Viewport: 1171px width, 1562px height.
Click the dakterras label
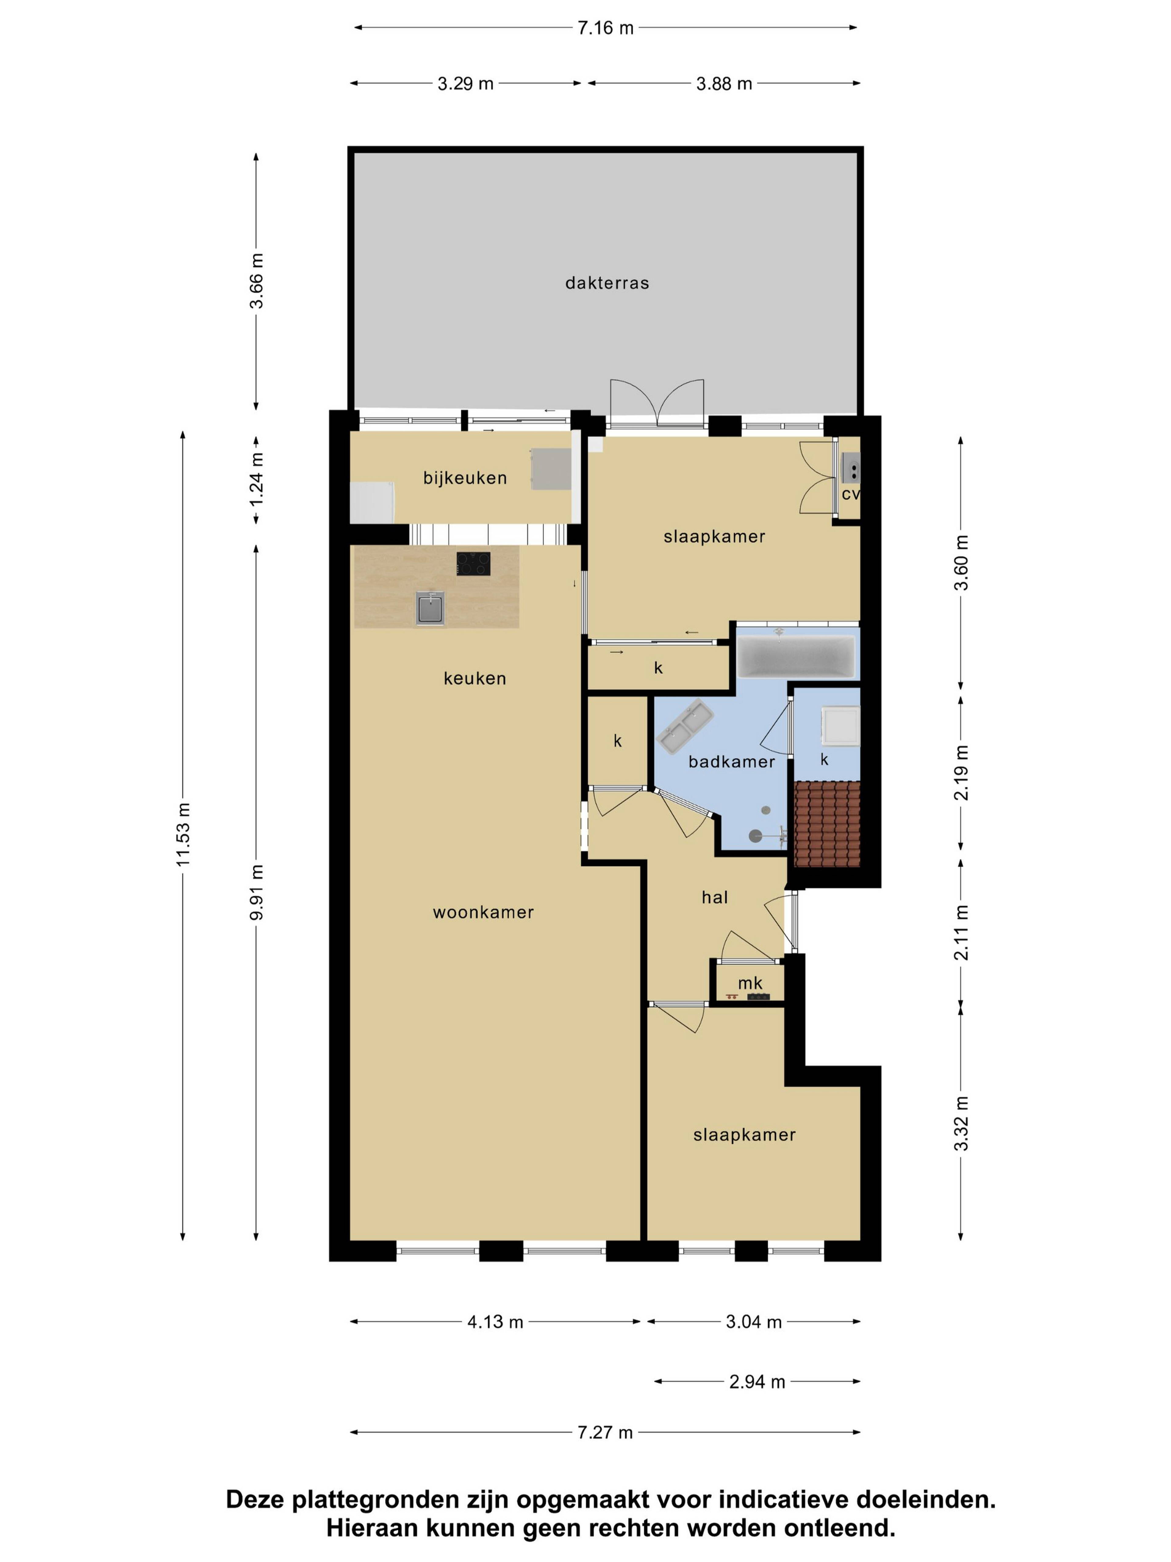click(607, 283)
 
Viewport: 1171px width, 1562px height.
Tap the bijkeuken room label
click(465, 478)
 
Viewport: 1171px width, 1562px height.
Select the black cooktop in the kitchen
click(473, 563)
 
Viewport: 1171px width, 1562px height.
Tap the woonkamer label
click(484, 912)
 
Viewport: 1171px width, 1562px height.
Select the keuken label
click(475, 678)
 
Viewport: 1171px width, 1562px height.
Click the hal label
click(714, 898)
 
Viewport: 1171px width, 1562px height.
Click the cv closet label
click(850, 494)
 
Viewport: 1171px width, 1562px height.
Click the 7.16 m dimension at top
click(606, 28)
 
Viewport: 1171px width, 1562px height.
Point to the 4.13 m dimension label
click(496, 1322)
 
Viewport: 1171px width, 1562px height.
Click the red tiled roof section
click(827, 824)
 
